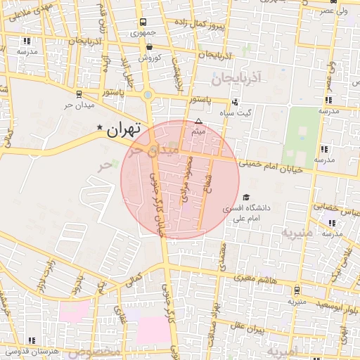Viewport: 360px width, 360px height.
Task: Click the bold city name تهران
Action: (124, 129)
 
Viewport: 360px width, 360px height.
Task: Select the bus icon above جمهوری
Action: (143, 22)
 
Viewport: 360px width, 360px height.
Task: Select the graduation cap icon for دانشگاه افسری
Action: (246, 198)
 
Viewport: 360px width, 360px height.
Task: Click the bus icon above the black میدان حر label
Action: (78, 95)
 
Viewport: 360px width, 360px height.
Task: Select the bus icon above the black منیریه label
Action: (297, 290)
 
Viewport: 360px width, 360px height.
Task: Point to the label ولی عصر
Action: (332, 11)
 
